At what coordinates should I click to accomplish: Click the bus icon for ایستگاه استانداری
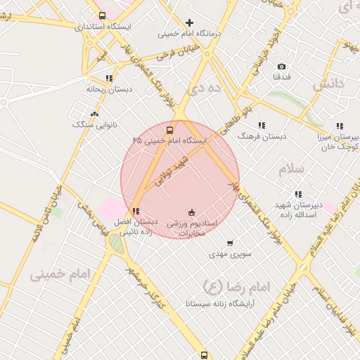click(103, 15)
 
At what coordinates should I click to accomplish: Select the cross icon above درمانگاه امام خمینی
click(189, 22)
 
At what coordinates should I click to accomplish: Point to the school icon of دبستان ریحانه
click(109, 78)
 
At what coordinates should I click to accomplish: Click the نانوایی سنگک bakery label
click(91, 124)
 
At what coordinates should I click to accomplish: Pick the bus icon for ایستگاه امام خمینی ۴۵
click(169, 130)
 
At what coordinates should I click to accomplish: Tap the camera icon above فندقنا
click(281, 66)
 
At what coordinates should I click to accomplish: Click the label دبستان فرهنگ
click(262, 136)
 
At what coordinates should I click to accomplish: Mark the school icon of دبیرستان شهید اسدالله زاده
click(298, 194)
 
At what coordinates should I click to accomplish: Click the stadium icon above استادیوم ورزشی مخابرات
click(191, 212)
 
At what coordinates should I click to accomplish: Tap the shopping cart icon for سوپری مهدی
click(230, 243)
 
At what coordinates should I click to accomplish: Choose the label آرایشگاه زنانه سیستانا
click(220, 304)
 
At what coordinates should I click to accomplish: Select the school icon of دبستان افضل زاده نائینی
click(136, 211)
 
